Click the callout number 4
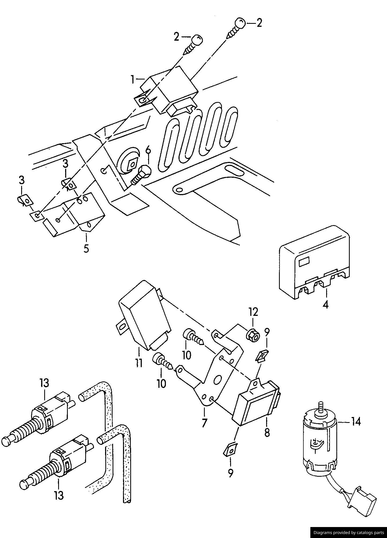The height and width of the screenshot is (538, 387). [x=326, y=305]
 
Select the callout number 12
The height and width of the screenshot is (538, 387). [x=253, y=312]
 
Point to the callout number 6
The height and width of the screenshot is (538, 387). [x=148, y=151]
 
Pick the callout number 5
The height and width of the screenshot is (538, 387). [x=86, y=248]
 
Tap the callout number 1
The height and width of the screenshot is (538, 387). [x=132, y=79]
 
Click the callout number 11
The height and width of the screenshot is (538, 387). [x=139, y=363]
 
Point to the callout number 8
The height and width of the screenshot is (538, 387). [x=267, y=433]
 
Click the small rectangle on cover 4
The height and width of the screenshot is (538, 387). [x=304, y=262]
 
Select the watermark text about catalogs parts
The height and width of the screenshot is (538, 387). [x=349, y=532]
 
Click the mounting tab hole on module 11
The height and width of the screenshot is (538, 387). [x=122, y=327]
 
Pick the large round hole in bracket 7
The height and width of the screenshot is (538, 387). [x=217, y=380]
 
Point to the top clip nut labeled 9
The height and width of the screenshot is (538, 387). [x=262, y=356]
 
